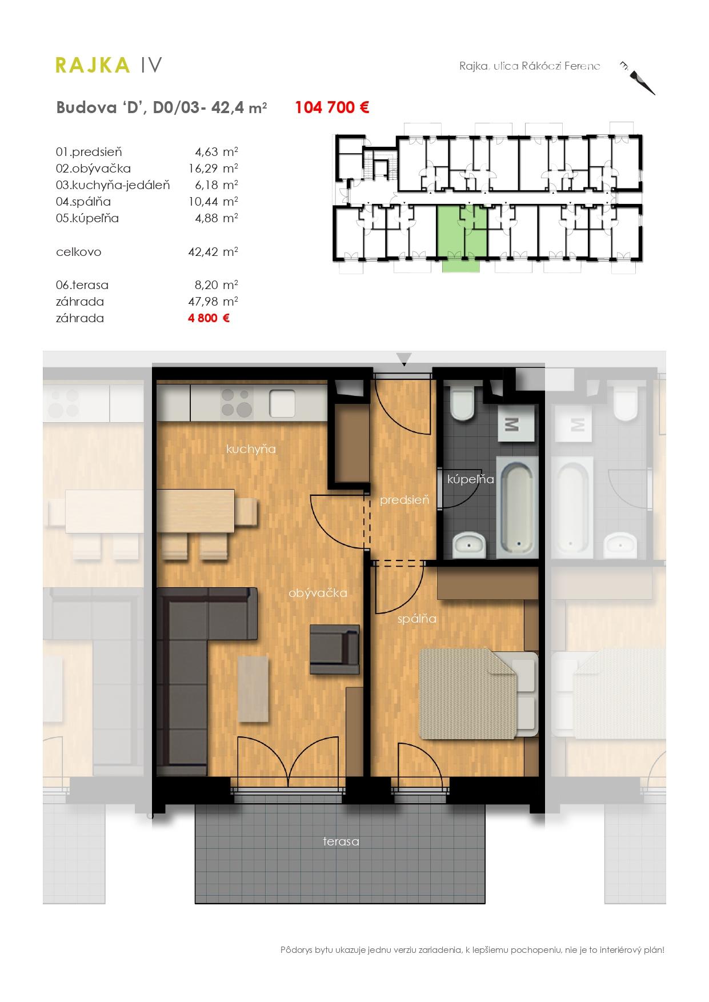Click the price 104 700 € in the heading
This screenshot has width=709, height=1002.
(x=332, y=107)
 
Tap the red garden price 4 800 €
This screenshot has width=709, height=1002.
(x=209, y=318)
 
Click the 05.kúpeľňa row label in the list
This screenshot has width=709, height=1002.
(x=87, y=218)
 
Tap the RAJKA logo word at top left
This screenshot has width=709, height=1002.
(x=93, y=66)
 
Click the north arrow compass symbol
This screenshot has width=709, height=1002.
(x=639, y=77)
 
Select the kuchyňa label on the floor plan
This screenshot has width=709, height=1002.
(x=251, y=449)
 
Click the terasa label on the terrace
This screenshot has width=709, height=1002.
(x=341, y=841)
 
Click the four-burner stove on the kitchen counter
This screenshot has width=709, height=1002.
(x=237, y=403)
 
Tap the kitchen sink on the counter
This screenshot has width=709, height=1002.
(x=282, y=403)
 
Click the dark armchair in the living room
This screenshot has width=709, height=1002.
(x=335, y=649)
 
